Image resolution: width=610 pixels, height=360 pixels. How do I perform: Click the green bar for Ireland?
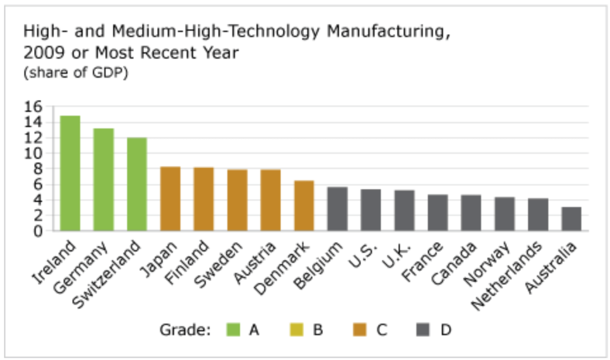[x=70, y=173]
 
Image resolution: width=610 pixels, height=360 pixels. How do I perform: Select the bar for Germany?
[x=103, y=179]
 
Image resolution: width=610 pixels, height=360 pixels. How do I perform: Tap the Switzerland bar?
[x=136, y=184]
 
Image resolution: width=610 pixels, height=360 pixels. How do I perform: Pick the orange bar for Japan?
[x=170, y=198]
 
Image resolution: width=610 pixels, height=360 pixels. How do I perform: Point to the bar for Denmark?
[x=304, y=206]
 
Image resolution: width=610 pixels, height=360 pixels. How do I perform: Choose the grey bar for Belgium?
[x=337, y=209]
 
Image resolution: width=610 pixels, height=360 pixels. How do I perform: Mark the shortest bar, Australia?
[x=571, y=219]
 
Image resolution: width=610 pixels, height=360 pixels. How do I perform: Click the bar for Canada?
[x=471, y=213]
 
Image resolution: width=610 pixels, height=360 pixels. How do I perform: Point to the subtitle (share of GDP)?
[x=76, y=73]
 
